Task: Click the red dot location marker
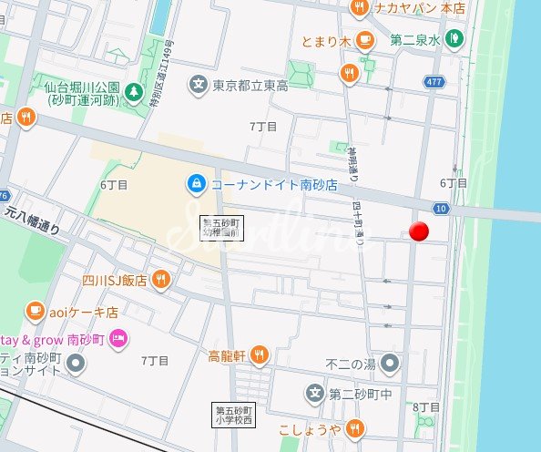pos(419,231)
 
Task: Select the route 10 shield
pos(440,210)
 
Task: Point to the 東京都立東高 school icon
pos(198,86)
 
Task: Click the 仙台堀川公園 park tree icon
pos(134,93)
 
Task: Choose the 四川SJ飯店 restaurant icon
pos(161,280)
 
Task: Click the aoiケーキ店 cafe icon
pos(35,311)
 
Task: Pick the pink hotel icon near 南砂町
pos(117,339)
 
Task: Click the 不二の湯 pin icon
pos(391,364)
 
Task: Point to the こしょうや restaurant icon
pos(354,429)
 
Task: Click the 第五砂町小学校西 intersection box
pos(232,416)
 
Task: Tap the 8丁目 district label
pos(426,407)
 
